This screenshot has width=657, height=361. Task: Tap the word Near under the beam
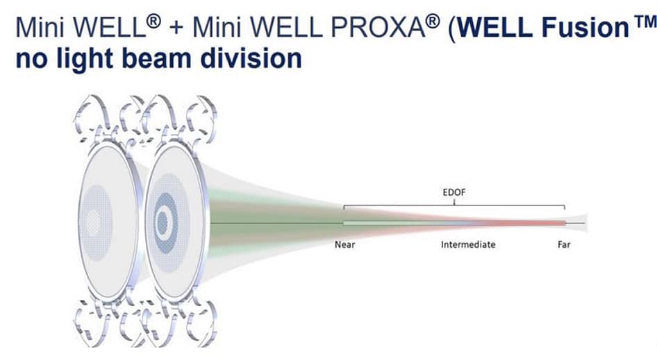(345, 245)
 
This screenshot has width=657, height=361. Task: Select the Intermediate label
(468, 245)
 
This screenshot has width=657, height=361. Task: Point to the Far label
(564, 245)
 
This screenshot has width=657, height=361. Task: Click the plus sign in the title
(177, 30)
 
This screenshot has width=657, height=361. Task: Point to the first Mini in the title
(40, 28)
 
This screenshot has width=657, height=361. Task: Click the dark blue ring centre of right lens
(164, 222)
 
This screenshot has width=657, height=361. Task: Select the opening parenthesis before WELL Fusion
(442, 29)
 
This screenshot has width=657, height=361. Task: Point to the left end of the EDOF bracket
(344, 208)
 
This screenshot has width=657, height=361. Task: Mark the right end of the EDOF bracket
(565, 208)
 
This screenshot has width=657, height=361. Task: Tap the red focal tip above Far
(560, 223)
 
